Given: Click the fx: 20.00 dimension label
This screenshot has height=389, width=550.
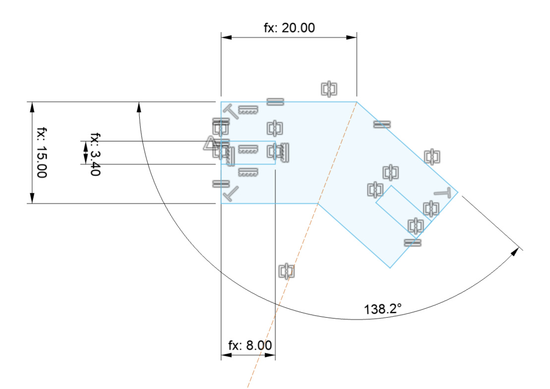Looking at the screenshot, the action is (289, 28).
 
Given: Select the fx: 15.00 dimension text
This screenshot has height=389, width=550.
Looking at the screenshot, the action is (41, 153).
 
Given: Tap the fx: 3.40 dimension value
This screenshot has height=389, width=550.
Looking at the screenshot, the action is (95, 154).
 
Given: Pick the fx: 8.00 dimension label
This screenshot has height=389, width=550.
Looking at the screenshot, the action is (250, 345).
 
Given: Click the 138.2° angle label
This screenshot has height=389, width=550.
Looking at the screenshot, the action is (383, 309).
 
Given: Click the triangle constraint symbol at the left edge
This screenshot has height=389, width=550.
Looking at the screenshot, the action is (211, 144).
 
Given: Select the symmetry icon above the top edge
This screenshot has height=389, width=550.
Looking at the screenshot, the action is (329, 89).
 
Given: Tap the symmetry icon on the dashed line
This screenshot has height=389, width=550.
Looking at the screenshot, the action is (287, 271).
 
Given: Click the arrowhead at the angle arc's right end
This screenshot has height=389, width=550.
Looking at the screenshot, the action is (515, 251).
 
